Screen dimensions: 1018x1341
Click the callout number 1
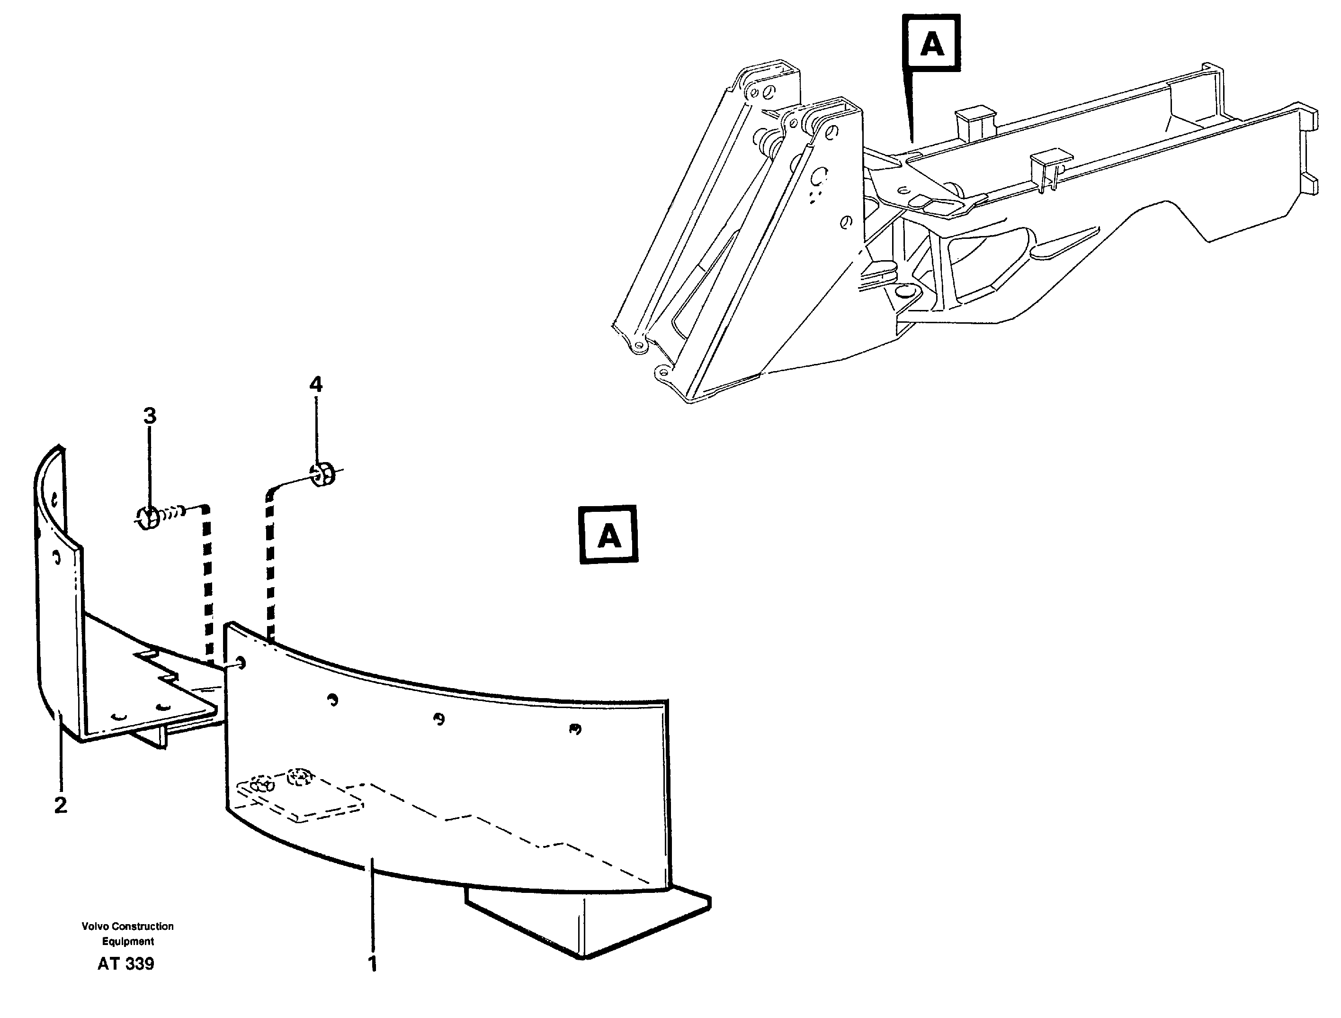pos(372,963)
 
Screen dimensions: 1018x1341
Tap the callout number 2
pos(60,806)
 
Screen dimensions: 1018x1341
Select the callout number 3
pos(149,416)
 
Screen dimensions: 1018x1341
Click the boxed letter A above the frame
pos(932,44)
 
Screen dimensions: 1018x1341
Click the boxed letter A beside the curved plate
pos(608,535)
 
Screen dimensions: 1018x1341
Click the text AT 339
pos(126,963)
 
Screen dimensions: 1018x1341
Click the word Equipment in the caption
pos(127,942)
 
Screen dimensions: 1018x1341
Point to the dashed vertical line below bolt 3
pos(208,582)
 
